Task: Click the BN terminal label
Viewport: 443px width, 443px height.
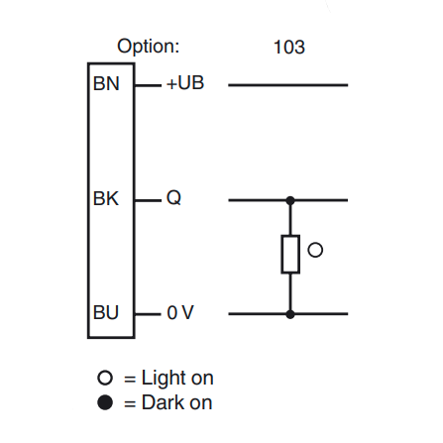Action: coord(106,84)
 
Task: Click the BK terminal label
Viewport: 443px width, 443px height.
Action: coord(106,199)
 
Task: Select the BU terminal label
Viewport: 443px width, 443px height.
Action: coord(106,313)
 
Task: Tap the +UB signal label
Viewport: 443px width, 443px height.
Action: coord(185,84)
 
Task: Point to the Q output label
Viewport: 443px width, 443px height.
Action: coord(174,199)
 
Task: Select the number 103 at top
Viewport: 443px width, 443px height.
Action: coord(288,47)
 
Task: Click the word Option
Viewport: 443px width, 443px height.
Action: coord(149,47)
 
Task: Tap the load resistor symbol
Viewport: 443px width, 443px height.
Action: coord(290,255)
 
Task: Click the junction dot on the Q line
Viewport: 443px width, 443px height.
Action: coord(290,199)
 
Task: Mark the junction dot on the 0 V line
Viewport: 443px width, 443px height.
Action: coord(290,313)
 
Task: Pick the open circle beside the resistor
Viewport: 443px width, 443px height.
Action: coord(315,251)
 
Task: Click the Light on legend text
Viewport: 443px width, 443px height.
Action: coord(177,378)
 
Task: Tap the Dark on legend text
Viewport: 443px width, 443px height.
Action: coord(176,402)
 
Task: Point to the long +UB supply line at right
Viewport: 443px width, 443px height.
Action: coord(288,85)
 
